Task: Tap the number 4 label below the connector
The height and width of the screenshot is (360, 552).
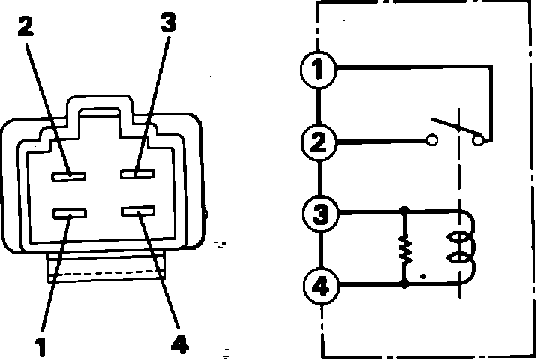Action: [x=179, y=343]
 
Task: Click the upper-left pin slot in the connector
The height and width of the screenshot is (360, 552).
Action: [x=68, y=175]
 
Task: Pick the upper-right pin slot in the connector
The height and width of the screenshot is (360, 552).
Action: [x=139, y=174]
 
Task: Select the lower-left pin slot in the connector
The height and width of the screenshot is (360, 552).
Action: [x=68, y=215]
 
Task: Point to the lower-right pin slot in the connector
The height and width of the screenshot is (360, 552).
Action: [x=139, y=214]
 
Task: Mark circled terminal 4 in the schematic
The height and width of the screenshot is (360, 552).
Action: [x=319, y=286]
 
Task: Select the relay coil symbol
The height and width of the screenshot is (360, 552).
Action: [x=458, y=248]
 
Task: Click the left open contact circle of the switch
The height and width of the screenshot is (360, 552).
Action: [x=431, y=139]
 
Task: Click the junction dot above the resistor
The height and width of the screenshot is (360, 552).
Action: [x=405, y=213]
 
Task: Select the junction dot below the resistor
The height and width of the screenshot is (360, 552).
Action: [x=405, y=285]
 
